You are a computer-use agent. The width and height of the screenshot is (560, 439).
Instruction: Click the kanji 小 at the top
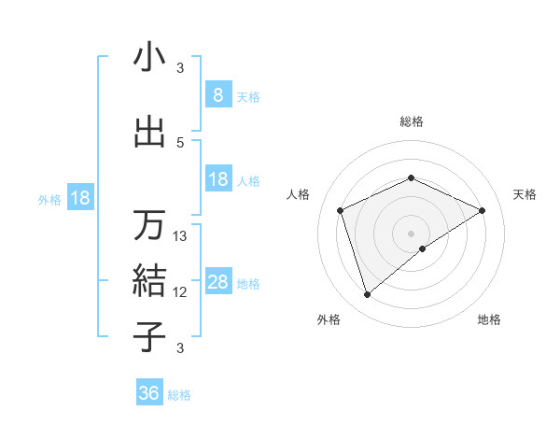click(149, 58)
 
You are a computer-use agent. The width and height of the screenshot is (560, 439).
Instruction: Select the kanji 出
click(149, 133)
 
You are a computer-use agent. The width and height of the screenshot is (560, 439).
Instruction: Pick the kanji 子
click(149, 335)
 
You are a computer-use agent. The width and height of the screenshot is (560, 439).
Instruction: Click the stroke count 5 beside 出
click(180, 142)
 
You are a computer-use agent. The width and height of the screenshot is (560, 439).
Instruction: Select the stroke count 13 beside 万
click(180, 236)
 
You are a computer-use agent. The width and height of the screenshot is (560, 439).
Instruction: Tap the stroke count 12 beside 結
click(180, 291)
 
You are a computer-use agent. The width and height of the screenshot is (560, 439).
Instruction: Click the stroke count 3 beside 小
click(180, 68)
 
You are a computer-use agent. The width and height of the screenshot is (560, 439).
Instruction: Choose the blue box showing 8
click(217, 95)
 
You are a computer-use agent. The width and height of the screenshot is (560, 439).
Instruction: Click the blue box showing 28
click(218, 283)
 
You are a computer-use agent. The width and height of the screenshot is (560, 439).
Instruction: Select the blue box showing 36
click(148, 393)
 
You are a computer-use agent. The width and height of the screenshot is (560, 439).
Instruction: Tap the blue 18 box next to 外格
click(79, 199)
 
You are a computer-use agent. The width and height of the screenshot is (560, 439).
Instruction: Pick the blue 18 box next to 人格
click(218, 179)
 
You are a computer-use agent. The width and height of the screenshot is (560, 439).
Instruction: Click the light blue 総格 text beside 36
click(179, 395)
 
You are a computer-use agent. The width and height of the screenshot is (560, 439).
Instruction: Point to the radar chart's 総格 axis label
click(411, 122)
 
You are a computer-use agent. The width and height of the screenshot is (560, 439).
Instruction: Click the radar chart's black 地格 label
click(489, 319)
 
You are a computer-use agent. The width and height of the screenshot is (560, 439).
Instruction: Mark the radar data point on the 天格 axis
click(482, 210)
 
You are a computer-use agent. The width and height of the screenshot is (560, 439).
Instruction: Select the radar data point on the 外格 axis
click(367, 295)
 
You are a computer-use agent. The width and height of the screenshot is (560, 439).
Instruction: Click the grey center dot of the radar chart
click(411, 233)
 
